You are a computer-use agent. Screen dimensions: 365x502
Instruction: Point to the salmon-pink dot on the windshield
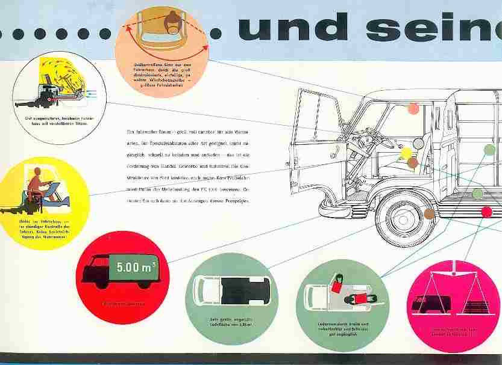[413, 109]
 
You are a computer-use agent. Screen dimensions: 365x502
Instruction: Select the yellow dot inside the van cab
[406, 152]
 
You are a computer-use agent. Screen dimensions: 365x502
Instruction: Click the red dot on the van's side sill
[487, 211]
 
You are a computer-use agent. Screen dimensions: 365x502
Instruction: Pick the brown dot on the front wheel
[428, 212]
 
